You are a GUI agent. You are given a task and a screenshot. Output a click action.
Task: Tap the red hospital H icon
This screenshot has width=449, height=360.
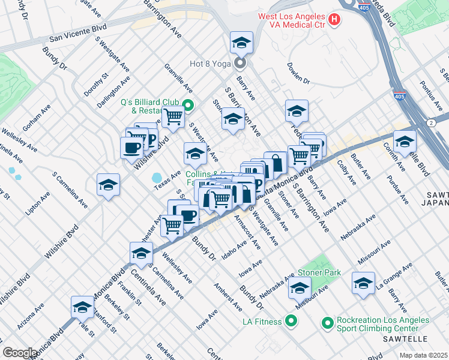pos(334,20)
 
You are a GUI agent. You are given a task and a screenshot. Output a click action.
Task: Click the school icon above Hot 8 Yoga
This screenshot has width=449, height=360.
pos(241,43)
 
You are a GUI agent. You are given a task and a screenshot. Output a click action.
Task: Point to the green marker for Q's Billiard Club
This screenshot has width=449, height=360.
pos(188,106)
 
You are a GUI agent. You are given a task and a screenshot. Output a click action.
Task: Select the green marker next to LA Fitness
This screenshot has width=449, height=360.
pos(291,322)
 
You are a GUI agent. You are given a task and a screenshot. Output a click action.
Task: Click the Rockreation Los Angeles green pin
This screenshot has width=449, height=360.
pos(327,323)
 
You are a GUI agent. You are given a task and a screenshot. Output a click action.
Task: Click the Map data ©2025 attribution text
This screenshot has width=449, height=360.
pos(423,355)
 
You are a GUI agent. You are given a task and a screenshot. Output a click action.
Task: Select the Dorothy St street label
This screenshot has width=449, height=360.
pos(97,84)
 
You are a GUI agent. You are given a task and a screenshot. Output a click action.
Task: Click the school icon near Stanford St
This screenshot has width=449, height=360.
pos(82,307)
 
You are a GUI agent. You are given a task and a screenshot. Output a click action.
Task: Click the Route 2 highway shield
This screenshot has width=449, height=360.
pos(431,123)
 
